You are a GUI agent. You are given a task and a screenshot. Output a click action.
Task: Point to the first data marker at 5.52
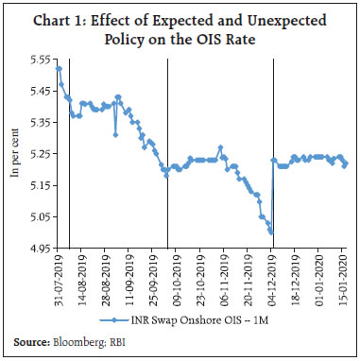(x=59, y=68)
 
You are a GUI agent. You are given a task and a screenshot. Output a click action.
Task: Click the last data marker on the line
(x=346, y=163)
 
